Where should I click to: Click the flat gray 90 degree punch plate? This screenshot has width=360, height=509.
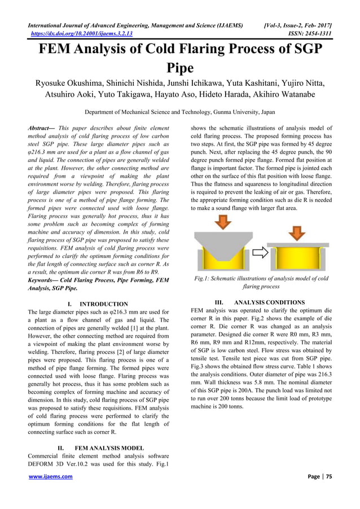tap(297, 245)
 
